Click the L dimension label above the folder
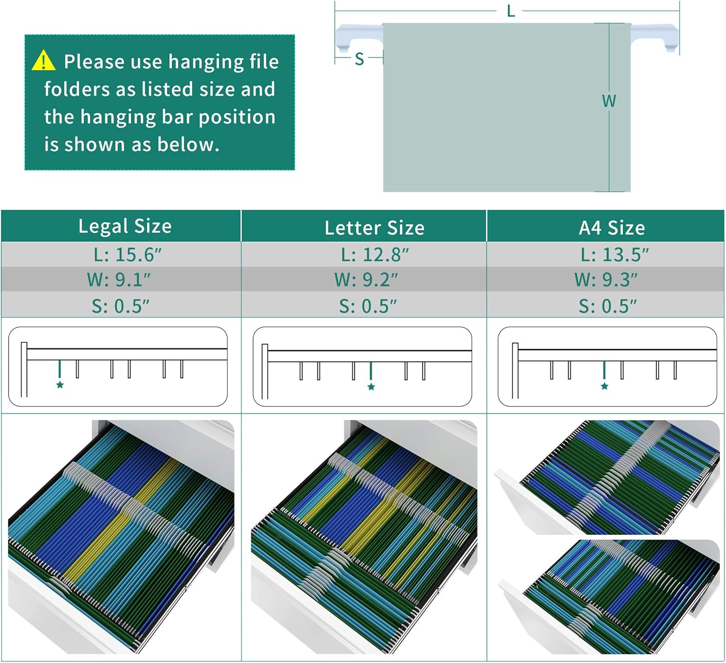[511, 12]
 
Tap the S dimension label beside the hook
[360, 59]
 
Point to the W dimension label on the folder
[609, 101]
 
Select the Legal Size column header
[125, 226]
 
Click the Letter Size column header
[375, 228]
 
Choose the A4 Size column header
[612, 228]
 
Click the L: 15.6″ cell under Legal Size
[127, 255]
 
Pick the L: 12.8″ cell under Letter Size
[375, 255]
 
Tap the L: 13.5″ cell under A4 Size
[615, 255]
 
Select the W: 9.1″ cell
[119, 280]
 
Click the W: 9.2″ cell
[366, 280]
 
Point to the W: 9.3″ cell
[606, 280]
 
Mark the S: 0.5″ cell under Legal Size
[120, 306]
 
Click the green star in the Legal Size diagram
[60, 385]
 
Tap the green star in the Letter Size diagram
[371, 387]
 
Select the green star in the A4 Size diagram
[605, 386]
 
